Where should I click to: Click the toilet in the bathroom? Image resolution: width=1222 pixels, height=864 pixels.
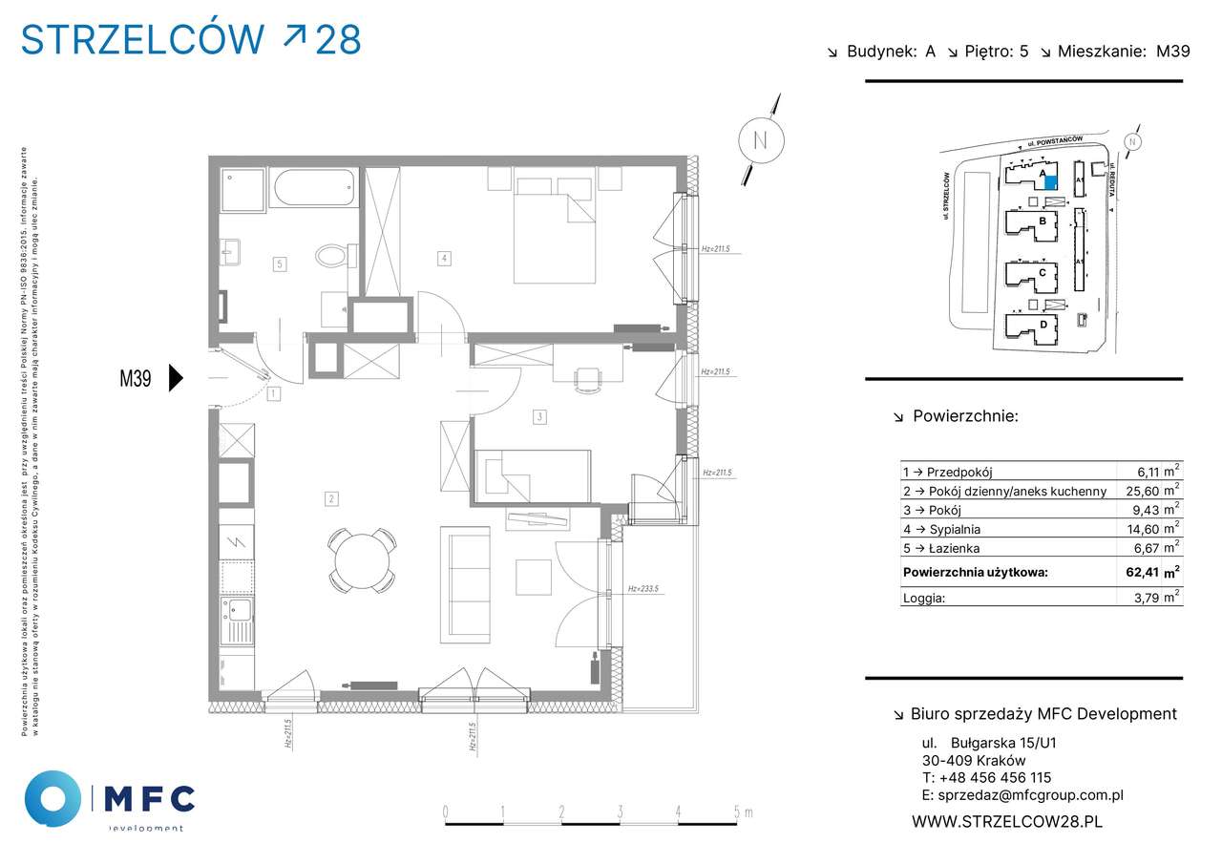tap(333, 256)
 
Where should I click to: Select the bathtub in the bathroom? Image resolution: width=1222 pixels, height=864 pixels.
tap(314, 188)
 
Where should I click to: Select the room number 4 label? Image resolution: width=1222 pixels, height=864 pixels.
tap(444, 257)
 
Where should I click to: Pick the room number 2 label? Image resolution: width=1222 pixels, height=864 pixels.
tap(330, 498)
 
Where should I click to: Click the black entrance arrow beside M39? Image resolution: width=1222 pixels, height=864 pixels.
tap(175, 378)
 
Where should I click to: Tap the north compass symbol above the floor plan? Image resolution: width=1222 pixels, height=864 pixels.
tap(761, 139)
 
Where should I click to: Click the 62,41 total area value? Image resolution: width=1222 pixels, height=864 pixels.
tap(1142, 573)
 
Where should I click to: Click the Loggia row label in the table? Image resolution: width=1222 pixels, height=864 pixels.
tap(923, 600)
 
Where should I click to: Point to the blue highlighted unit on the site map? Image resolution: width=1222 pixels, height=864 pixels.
tap(1050, 182)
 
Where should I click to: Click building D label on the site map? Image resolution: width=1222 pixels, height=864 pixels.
tap(1043, 325)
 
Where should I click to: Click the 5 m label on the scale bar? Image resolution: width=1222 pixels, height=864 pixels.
tap(740, 812)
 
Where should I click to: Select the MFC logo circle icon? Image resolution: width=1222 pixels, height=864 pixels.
tap(53, 798)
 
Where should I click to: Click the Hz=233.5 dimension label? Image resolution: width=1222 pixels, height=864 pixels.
tap(644, 589)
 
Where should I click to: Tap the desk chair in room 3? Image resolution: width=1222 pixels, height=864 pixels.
tap(588, 380)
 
